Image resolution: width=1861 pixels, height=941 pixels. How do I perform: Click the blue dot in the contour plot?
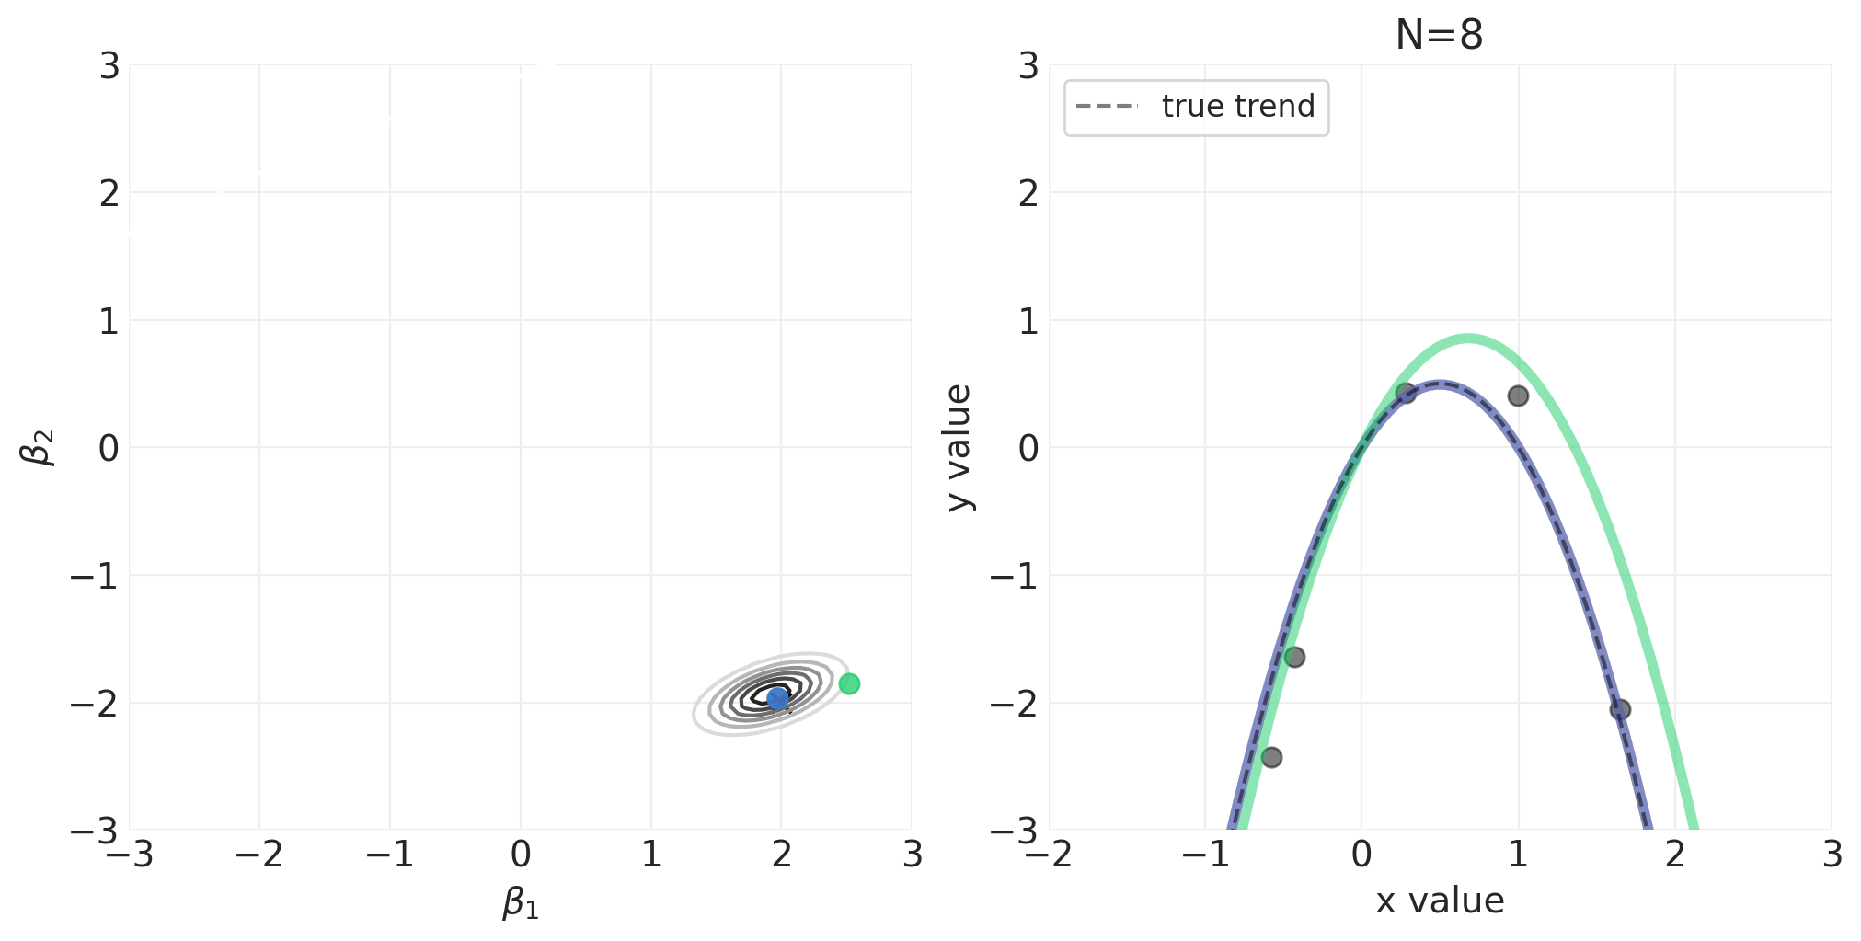[778, 698]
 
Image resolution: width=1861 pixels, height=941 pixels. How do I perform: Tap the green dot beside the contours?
[849, 683]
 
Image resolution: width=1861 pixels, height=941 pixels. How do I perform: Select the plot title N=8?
[1439, 36]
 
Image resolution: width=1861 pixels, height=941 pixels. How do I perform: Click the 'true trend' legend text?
[1238, 107]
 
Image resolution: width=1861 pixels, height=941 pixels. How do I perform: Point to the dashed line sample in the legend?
[1107, 107]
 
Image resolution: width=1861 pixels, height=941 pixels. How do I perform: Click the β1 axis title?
[521, 902]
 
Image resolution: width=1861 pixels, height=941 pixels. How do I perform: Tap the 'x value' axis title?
[1440, 901]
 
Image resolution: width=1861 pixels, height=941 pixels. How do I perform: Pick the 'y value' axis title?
[959, 448]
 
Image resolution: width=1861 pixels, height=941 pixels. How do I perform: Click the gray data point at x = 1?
[1518, 396]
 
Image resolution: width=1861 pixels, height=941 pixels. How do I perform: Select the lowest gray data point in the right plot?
[1271, 757]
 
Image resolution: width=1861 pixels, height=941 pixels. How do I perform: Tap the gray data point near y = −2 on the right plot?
[1620, 709]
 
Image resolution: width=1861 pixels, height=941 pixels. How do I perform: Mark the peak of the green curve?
[1467, 339]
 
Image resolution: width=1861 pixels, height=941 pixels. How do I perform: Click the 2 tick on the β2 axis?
[109, 193]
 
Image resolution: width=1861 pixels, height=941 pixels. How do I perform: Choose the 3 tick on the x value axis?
[1832, 855]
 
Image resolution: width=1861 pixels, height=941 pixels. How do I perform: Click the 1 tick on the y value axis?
[1028, 321]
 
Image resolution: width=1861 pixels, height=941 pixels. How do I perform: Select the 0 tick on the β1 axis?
[521, 855]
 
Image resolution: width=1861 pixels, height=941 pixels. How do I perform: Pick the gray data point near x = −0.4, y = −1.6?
[1294, 657]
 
